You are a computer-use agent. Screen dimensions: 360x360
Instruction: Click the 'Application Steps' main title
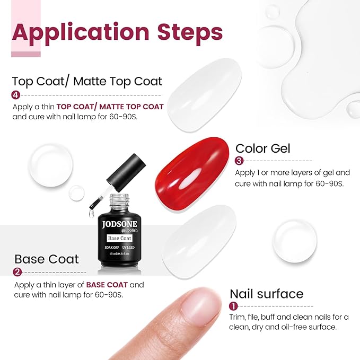[x=117, y=32]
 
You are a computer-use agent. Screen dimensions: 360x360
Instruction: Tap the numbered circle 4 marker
[x=16, y=95]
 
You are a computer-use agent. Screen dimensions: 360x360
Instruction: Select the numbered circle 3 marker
[x=239, y=161]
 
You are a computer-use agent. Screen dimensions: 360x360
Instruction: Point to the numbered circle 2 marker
[x=17, y=273]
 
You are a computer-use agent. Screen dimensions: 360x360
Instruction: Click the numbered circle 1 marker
[x=233, y=306]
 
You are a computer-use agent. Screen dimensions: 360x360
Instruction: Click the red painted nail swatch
[x=194, y=174]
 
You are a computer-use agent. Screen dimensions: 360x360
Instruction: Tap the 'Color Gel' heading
[x=263, y=148]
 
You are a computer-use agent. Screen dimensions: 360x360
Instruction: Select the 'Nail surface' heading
[x=266, y=294]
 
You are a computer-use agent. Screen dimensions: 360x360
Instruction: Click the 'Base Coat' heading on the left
[x=47, y=259]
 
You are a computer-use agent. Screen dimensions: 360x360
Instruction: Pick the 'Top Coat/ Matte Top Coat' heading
[x=87, y=81]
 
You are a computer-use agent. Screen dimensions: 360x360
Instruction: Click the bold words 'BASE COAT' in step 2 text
[x=107, y=285]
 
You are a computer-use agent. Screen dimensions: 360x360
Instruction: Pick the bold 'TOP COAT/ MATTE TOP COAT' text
[x=110, y=107]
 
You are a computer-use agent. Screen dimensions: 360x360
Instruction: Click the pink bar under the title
[x=26, y=54]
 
